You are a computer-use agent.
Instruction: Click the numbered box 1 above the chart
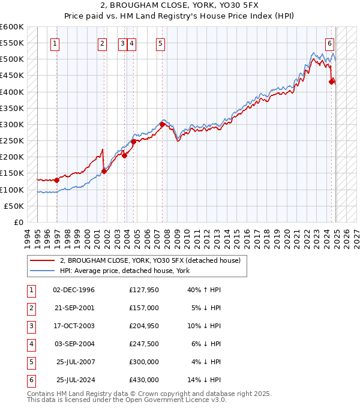click(x=55, y=43)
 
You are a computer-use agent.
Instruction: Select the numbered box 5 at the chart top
click(x=161, y=43)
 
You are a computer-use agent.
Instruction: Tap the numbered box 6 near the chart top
click(x=330, y=43)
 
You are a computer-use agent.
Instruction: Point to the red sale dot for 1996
click(x=56, y=180)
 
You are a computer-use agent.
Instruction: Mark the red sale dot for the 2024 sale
click(x=331, y=82)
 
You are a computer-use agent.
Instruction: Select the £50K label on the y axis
click(x=14, y=206)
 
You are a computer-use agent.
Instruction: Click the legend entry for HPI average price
click(x=124, y=271)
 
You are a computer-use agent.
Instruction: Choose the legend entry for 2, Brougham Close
click(x=150, y=260)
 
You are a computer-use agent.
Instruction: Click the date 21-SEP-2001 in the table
click(x=74, y=308)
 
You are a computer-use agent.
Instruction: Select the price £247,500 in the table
click(x=143, y=344)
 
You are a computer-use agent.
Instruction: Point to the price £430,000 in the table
click(x=143, y=380)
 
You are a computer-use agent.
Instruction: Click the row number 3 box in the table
click(x=30, y=326)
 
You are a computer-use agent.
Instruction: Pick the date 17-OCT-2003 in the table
click(x=74, y=326)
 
